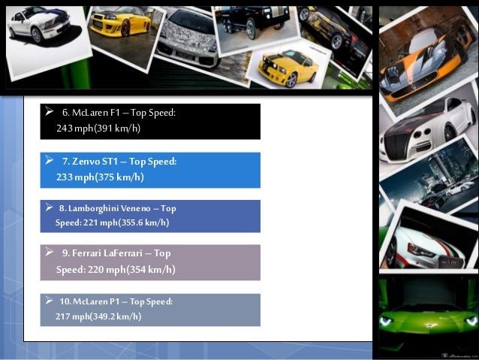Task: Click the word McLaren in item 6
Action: click(89, 113)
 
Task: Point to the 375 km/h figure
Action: click(120, 177)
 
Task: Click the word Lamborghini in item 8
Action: click(94, 209)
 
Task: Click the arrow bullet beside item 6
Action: click(50, 111)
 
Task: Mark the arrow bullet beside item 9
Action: click(50, 253)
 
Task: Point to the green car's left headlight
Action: click(387, 321)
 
